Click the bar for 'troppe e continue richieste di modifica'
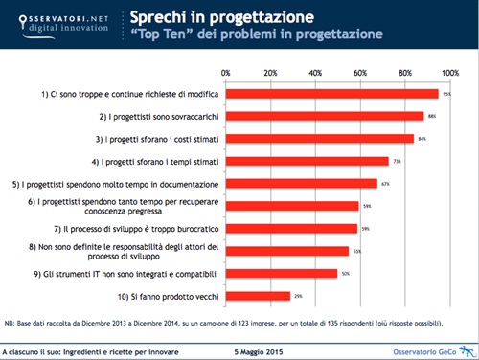[331, 94]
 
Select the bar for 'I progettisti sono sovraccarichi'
[325, 116]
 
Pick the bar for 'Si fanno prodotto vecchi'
[258, 296]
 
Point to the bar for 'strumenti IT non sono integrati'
[282, 273]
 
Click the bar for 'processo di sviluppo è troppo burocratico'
[291, 228]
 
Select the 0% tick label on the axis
[226, 72]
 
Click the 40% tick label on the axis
[315, 72]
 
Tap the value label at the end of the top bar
[446, 94]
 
